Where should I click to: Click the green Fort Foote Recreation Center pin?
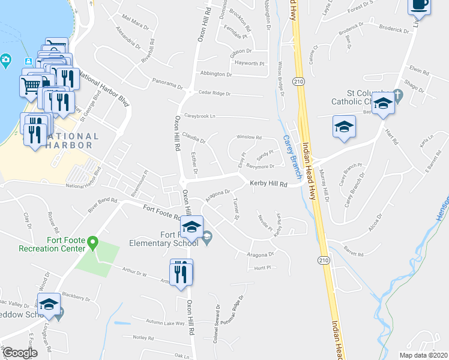[92, 242]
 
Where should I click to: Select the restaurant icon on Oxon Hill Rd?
[181, 273]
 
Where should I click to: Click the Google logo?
[19, 353]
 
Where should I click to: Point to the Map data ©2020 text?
[423, 355]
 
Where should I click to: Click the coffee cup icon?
[420, 5]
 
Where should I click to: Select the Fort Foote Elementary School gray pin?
[207, 238]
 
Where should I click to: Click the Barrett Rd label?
[353, 254]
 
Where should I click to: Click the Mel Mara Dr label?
[134, 20]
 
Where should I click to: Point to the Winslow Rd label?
[249, 137]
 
